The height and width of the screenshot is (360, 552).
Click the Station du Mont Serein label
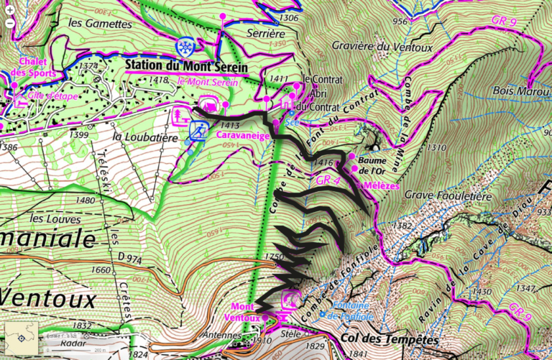186,67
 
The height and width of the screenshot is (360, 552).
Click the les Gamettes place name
94,22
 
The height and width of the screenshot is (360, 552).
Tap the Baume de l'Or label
375,165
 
